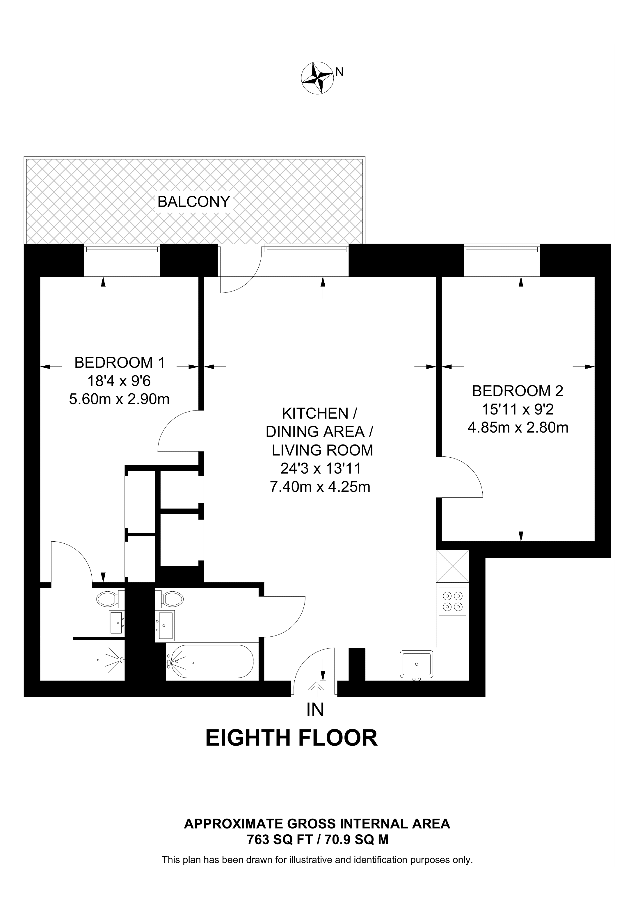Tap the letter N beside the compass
[339, 72]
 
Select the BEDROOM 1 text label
[120, 362]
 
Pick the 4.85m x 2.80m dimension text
[518, 428]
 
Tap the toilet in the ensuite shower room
[107, 599]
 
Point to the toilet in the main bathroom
[172, 599]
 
